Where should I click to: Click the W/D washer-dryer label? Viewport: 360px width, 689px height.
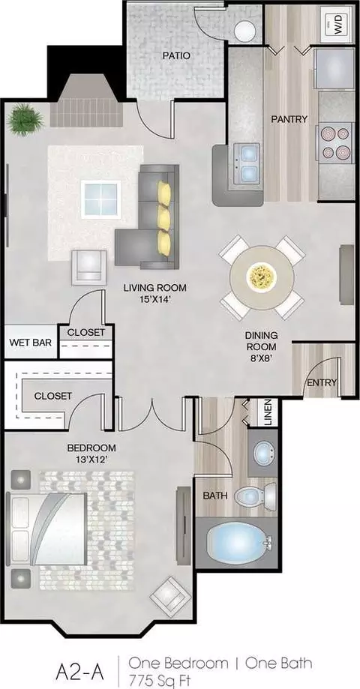click(x=337, y=24)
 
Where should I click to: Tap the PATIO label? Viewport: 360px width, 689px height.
click(x=176, y=55)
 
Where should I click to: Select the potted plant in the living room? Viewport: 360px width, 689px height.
click(x=25, y=118)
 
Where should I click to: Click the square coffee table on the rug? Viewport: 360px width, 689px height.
click(x=101, y=199)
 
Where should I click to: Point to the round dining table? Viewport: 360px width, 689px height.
click(x=262, y=277)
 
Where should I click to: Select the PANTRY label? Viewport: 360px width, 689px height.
click(x=289, y=118)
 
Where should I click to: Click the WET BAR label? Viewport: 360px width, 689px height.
click(x=30, y=342)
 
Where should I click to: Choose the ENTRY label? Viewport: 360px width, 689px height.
click(x=322, y=382)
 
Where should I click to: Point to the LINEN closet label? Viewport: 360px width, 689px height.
click(x=268, y=412)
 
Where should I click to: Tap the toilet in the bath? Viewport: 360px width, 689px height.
click(x=256, y=496)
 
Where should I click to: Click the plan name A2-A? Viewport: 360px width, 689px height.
click(x=80, y=672)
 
